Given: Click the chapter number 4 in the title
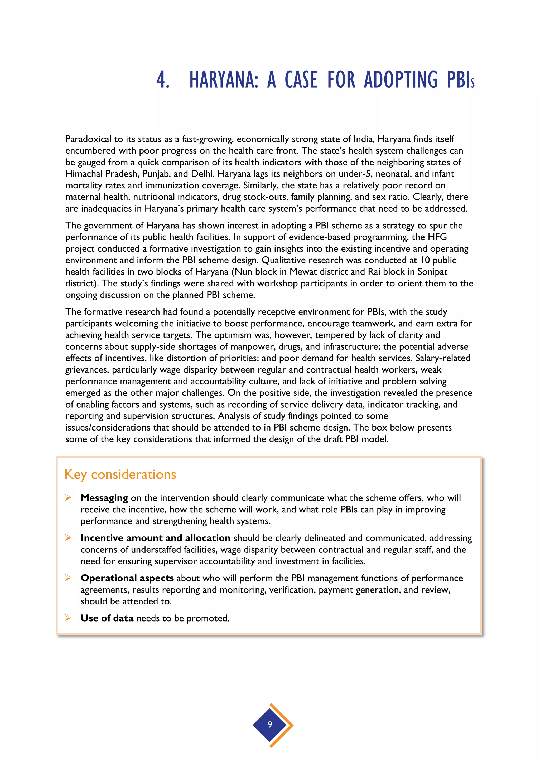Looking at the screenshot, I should pos(163,80).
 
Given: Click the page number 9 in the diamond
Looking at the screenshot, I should pos(270,724).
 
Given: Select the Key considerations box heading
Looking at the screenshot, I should pos(120,474).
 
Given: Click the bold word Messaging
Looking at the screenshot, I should pos(104,498).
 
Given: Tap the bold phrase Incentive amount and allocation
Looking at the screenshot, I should pos(155,538).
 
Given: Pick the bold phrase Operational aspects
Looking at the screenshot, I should pos(127,578).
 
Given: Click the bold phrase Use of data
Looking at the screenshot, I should pos(107,618).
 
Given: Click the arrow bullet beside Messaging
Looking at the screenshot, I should pos(68,497).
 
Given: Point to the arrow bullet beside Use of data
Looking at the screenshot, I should pos(68,618).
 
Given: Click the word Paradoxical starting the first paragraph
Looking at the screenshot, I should pos(88,139).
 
